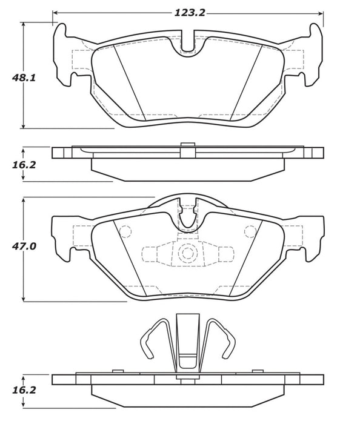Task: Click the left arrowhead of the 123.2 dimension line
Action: (56, 12)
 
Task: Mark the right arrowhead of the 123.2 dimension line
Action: (319, 12)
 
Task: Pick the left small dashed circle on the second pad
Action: (126, 231)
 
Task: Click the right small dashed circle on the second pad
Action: (249, 231)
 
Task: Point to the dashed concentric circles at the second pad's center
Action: (187, 253)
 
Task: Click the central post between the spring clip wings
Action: (187, 342)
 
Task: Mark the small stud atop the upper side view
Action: (187, 144)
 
